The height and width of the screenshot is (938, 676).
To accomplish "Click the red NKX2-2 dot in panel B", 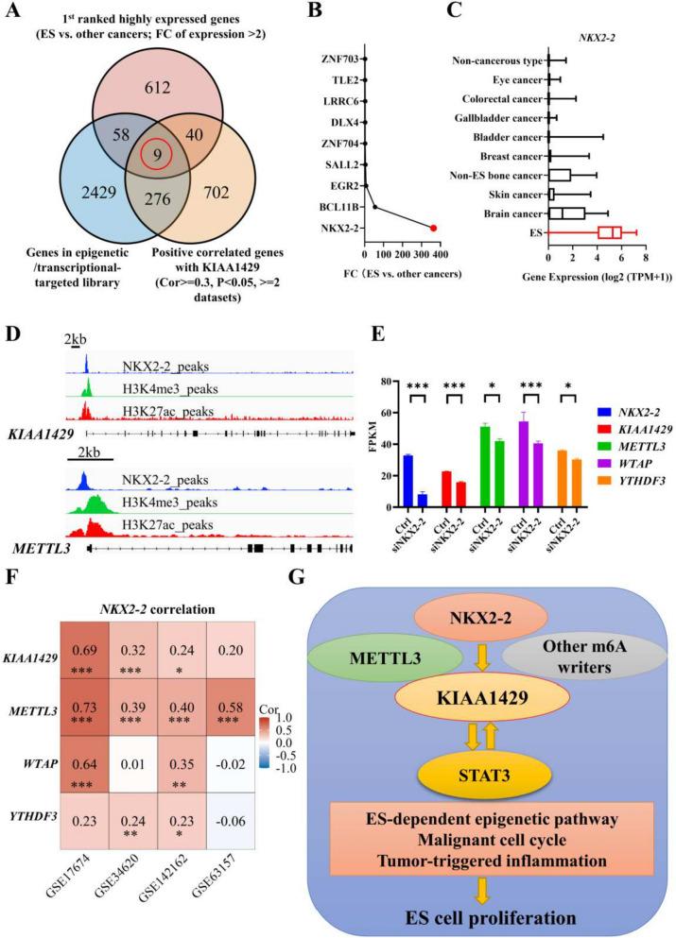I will pos(433,228).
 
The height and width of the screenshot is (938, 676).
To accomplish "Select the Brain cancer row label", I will pos(516,213).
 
